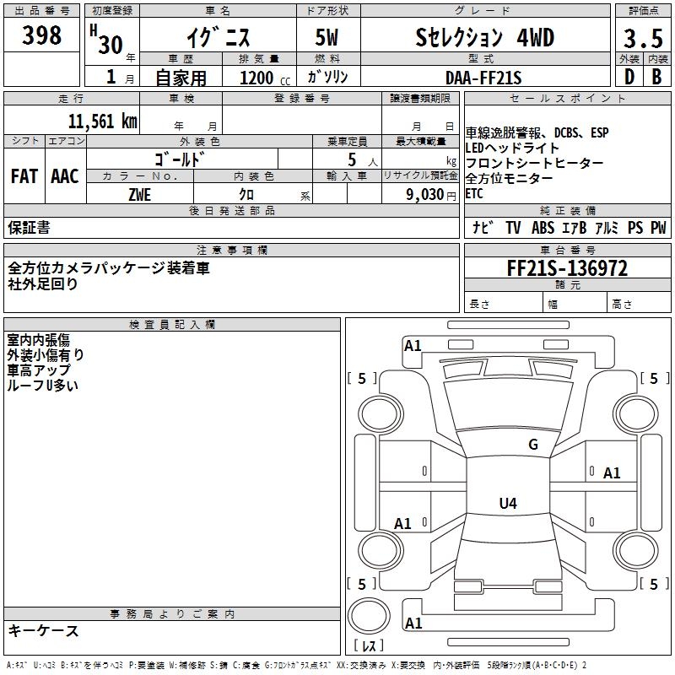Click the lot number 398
point(41,35)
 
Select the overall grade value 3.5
point(641,40)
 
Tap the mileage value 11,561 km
point(103,121)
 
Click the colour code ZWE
point(140,194)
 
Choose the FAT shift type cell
point(24,176)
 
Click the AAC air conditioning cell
point(65,176)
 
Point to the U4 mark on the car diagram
point(507,504)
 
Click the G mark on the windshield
point(532,445)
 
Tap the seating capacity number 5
point(351,159)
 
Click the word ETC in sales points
point(475,193)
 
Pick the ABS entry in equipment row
point(543,228)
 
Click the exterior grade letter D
point(629,77)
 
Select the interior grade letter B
point(656,77)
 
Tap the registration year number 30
point(110,44)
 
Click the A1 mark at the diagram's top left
point(413,345)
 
